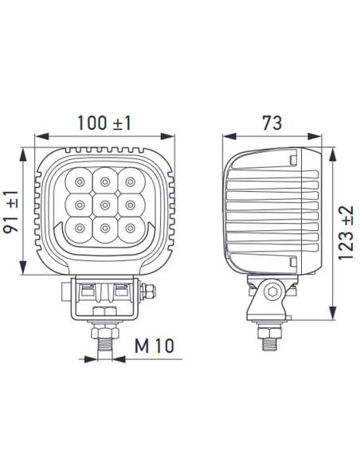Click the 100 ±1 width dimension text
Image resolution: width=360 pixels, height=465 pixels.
click(x=104, y=123)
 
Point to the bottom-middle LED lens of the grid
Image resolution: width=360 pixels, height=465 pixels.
click(x=104, y=231)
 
